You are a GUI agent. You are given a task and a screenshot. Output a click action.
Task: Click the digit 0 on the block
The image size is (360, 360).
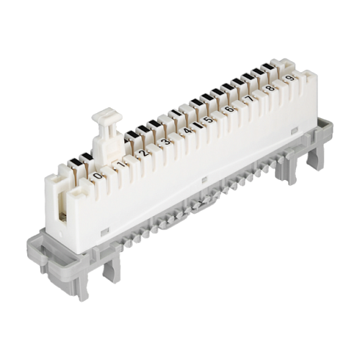98,175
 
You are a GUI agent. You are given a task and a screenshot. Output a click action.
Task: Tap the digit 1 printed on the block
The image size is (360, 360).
120,164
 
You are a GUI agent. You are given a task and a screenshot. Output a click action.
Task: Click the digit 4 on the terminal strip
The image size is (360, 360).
186,130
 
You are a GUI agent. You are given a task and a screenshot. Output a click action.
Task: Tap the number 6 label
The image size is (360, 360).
228,109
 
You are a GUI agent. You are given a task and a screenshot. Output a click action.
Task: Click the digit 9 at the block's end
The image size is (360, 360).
289,78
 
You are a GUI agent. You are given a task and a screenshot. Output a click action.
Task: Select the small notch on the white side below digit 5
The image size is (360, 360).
204,179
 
